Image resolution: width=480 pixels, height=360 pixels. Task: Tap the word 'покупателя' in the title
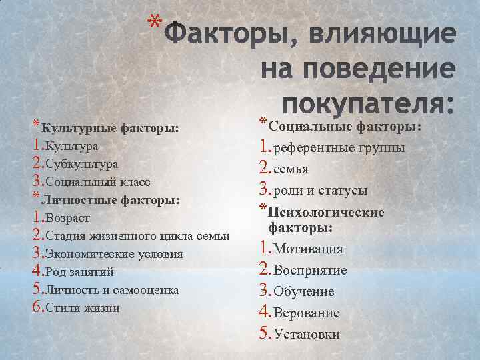(367, 105)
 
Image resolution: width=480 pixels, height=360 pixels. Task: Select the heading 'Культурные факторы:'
(110, 127)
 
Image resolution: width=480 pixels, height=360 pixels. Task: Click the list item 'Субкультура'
(81, 163)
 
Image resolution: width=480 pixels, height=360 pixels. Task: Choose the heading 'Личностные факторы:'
(110, 199)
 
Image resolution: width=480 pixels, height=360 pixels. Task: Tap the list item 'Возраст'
(67, 218)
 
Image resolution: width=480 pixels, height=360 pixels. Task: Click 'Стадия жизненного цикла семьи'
(137, 236)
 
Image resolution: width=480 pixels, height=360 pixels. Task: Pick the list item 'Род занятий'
(78, 272)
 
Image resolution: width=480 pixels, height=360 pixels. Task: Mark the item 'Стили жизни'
(81, 308)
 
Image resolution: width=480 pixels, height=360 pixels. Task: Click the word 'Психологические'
(326, 212)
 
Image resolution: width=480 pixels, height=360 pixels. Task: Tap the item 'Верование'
(307, 313)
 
